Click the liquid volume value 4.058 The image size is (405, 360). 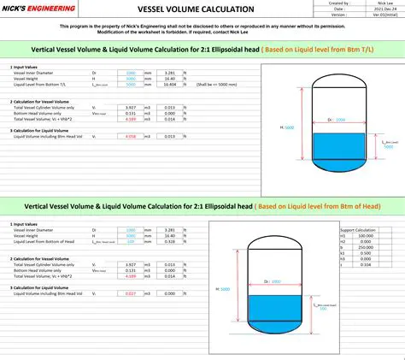tap(130, 136)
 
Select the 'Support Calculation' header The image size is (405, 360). tap(358, 230)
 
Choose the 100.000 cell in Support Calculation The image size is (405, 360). tap(365, 236)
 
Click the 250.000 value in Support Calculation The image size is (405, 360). tap(365, 248)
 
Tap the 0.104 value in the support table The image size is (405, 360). tap(365, 266)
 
